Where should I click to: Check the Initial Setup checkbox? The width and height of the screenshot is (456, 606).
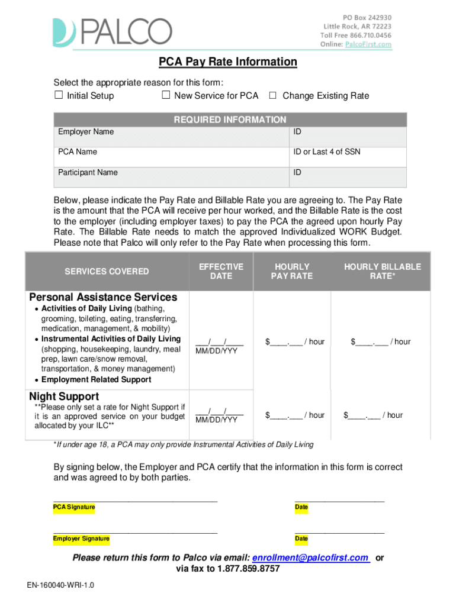58,95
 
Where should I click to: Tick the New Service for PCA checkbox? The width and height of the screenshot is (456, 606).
166,95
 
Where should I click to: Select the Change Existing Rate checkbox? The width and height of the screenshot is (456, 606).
273,95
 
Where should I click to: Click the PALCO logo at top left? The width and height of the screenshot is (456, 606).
113,33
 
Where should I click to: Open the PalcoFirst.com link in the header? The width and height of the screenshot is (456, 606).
368,44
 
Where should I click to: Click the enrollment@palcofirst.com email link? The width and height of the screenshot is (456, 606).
310,557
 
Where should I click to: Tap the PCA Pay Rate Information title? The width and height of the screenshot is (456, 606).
227,62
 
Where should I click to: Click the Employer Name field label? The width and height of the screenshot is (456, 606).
86,131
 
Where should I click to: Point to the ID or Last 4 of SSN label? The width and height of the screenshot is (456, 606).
327,152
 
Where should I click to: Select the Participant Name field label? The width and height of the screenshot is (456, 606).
88,173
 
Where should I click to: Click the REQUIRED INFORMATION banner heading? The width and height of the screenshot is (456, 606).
230,120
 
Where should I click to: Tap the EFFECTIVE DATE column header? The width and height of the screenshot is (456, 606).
221,271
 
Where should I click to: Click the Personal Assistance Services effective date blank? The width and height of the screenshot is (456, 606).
219,341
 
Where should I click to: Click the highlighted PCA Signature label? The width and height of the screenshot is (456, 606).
74,507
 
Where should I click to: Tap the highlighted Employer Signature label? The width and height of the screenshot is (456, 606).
81,539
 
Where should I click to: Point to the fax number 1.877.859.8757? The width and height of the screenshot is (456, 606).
248,569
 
